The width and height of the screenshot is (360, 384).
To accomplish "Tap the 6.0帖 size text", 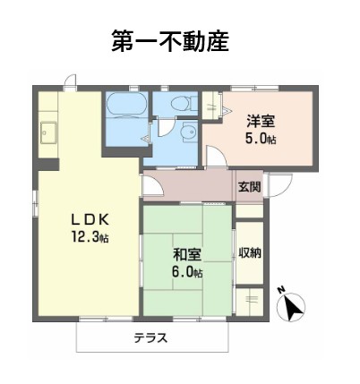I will point(188,271).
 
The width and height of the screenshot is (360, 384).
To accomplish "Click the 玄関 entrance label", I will point(250,187).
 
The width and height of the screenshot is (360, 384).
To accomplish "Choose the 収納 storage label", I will point(250,252).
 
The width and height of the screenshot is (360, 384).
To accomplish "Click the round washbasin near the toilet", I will point(185,134).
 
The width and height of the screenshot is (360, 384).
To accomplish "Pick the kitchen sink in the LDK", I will point(48,135).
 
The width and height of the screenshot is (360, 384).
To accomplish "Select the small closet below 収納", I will point(250,299).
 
